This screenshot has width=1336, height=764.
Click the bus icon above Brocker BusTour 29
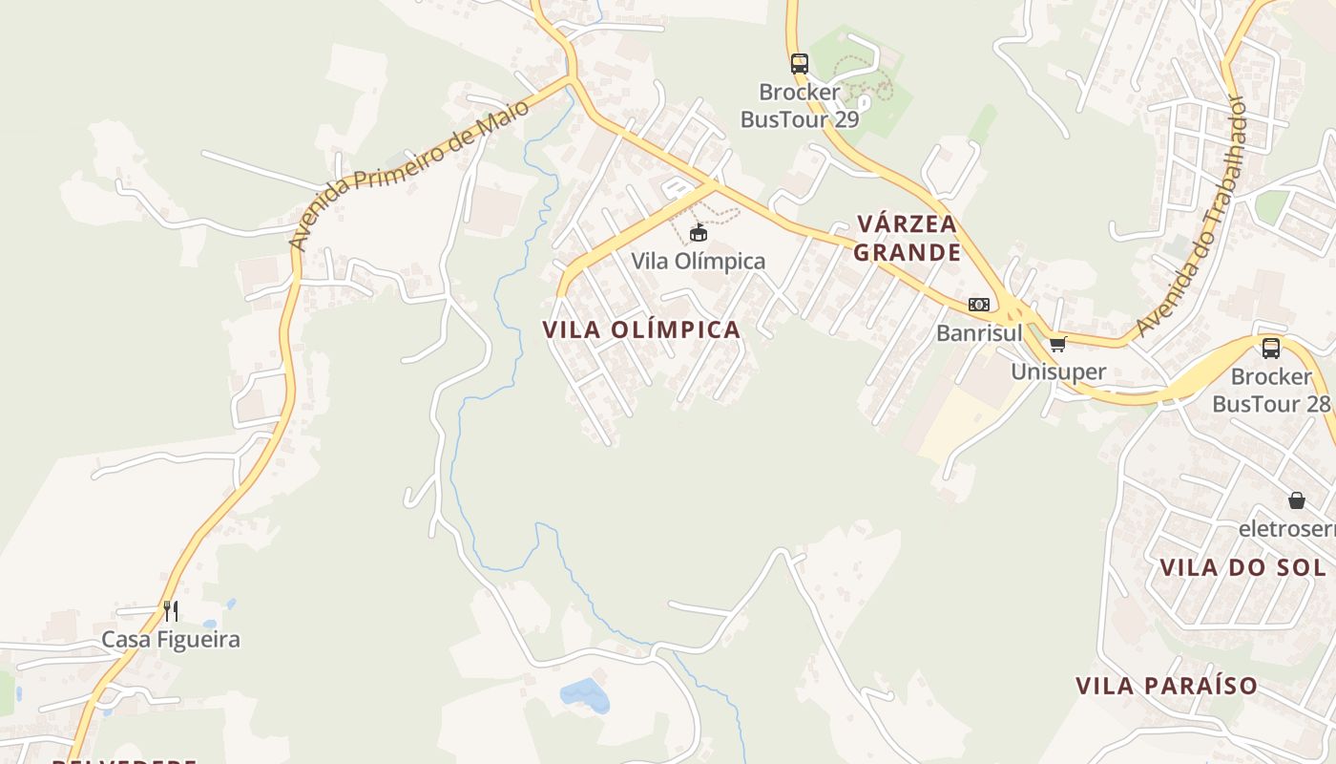tap(800, 64)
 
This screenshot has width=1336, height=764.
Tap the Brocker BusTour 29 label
tap(800, 105)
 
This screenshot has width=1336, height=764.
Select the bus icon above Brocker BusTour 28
tap(1271, 349)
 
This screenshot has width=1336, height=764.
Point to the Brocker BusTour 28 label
tap(1271, 390)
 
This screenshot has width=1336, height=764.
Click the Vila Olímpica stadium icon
tap(699, 232)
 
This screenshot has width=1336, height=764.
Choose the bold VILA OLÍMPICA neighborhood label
tap(641, 329)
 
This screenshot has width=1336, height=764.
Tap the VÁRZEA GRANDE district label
tap(908, 238)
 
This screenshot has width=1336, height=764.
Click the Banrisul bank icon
tap(979, 305)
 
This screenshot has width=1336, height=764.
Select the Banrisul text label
tap(979, 333)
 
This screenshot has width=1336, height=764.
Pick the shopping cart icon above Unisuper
tap(1057, 345)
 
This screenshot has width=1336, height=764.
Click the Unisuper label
tap(1058, 371)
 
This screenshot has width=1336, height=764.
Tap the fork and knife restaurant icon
tap(171, 611)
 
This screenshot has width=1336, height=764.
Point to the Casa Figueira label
tap(171, 639)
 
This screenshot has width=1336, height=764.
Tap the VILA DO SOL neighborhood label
tap(1242, 567)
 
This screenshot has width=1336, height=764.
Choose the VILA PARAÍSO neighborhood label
tap(1166, 686)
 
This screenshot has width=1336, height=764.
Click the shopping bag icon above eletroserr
tap(1297, 499)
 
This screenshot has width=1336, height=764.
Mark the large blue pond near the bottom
tap(585, 694)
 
